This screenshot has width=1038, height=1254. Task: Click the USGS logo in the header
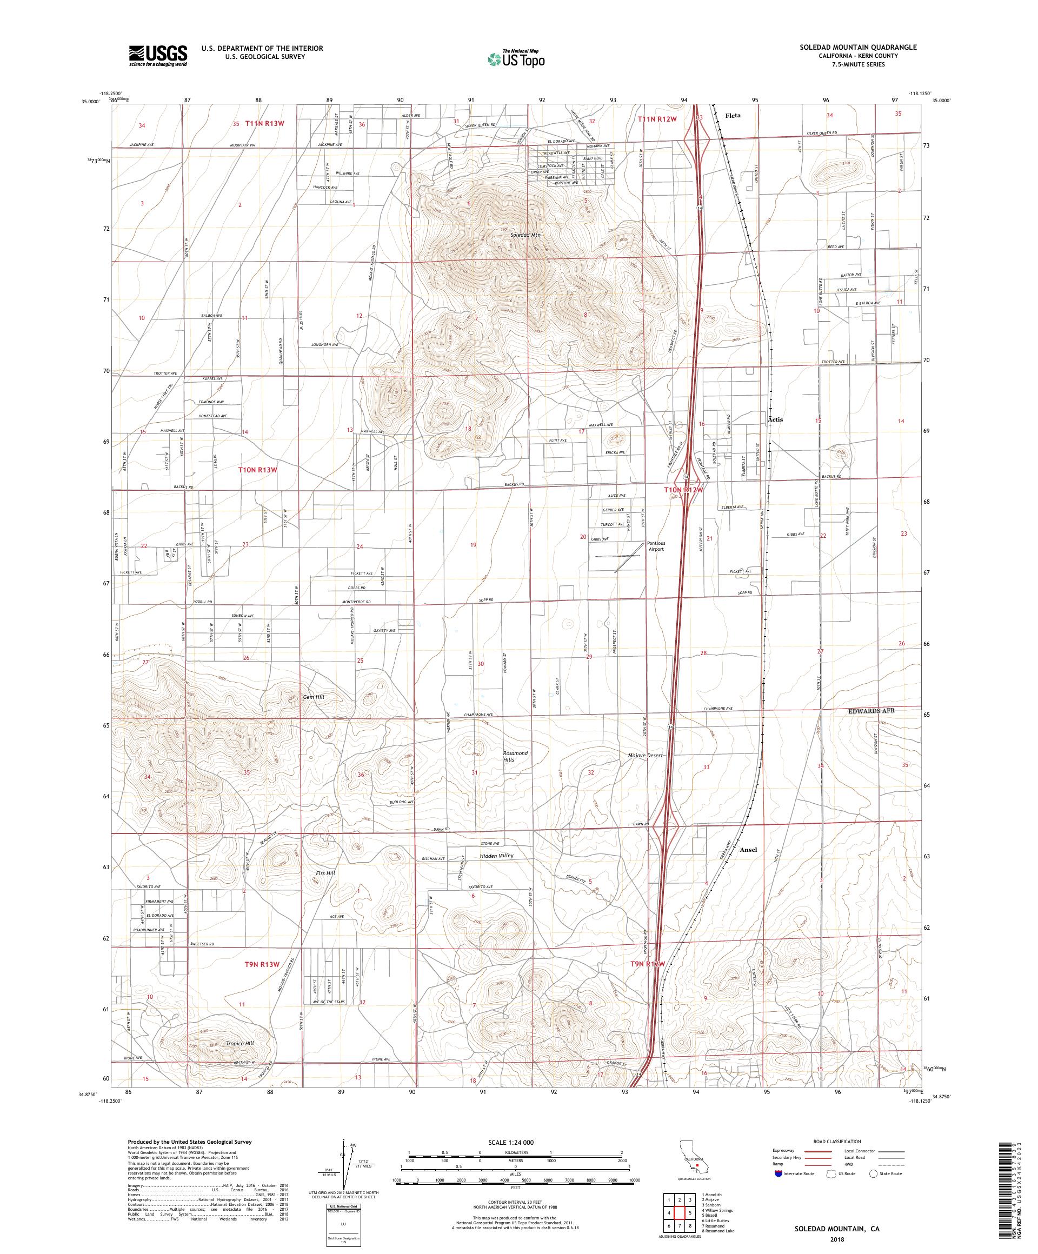point(158,56)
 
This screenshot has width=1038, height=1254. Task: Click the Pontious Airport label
point(656,546)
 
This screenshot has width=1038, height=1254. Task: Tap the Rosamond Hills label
point(515,757)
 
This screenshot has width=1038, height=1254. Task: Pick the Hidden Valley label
point(496,856)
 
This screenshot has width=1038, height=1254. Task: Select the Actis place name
point(775,419)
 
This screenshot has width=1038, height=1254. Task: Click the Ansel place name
point(748,850)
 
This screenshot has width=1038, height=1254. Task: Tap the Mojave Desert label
point(645,756)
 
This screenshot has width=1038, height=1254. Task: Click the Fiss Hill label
point(325,873)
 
